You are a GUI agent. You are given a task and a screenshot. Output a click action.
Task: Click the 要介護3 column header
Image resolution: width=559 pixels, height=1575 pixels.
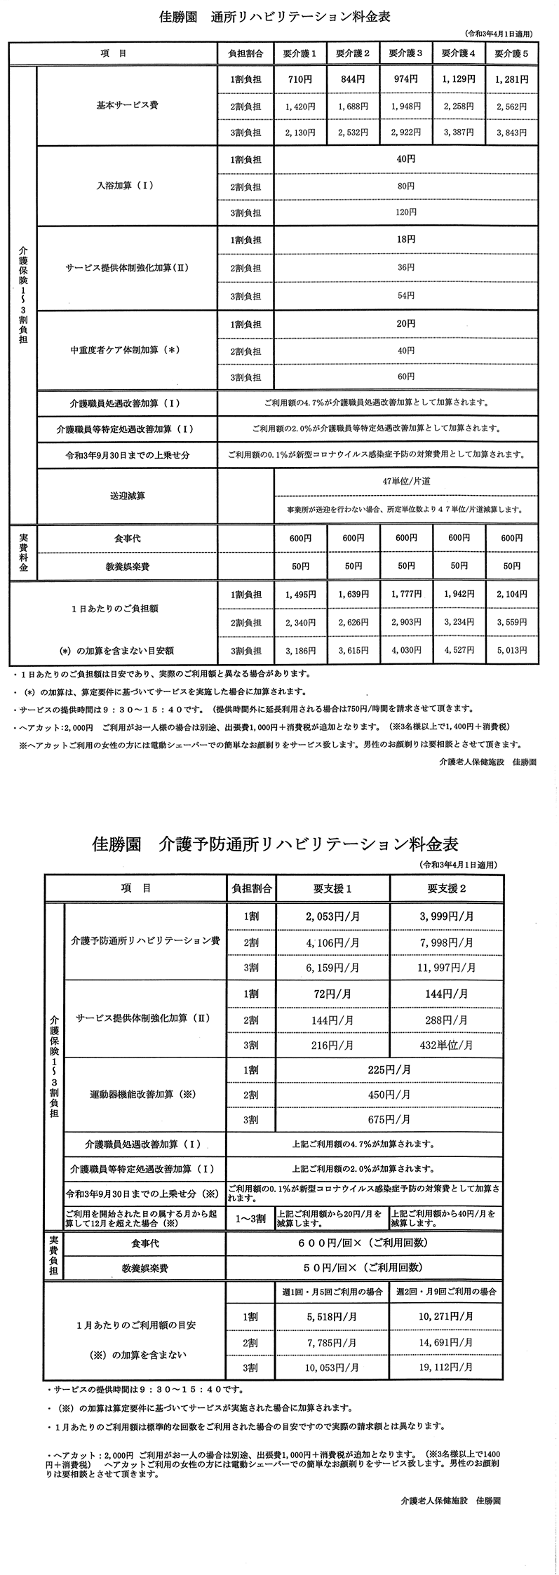pos(405,53)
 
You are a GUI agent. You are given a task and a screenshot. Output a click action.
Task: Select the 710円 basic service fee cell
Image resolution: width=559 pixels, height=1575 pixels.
pos(300,79)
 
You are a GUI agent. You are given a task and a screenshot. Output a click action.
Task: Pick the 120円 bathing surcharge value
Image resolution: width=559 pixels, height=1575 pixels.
pos(405,213)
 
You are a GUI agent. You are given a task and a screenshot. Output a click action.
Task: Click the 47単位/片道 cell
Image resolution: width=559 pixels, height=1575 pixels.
pos(405,482)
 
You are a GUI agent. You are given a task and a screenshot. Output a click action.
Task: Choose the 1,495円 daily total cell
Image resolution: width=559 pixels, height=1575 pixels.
pos(300,595)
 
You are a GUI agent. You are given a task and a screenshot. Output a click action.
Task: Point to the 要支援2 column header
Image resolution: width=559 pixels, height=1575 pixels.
pos(447,888)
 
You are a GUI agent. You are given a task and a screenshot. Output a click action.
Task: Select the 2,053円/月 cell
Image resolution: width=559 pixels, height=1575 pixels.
pos(332,916)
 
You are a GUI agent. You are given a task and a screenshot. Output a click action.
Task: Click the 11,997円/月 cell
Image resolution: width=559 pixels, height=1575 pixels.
pos(447,968)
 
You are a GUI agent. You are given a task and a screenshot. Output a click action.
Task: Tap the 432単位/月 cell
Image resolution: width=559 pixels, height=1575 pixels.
pos(447,1045)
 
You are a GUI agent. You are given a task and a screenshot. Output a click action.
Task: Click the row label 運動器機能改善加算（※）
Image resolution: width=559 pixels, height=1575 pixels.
pos(145,1094)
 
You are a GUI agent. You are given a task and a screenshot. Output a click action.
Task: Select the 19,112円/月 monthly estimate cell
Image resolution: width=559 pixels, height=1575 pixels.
pos(447,1367)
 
